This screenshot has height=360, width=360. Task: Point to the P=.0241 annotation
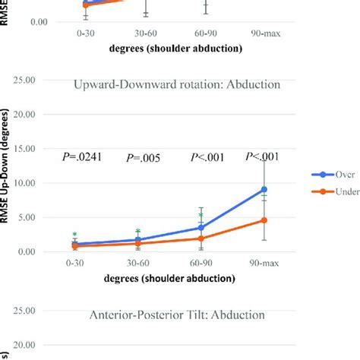[80, 158]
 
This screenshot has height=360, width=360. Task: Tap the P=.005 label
[143, 158]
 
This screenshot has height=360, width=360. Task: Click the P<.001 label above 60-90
[206, 158]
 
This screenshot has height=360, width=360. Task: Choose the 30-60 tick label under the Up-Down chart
[137, 264]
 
